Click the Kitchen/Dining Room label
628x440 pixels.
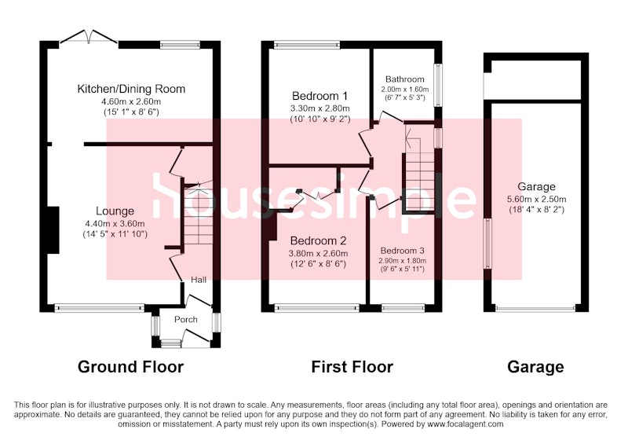[131, 89]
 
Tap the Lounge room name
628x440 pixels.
[115, 211]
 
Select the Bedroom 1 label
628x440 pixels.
[319, 96]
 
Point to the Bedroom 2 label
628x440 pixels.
[318, 241]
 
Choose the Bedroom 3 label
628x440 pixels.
[402, 251]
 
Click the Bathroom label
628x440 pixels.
[404, 79]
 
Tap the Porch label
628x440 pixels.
[186, 319]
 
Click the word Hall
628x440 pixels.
[199, 280]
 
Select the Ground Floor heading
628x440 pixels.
[130, 367]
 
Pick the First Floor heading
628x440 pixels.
[352, 367]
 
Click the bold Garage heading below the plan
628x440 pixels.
[535, 367]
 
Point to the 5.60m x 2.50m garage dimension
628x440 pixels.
[536, 199]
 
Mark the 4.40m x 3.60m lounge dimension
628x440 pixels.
[115, 224]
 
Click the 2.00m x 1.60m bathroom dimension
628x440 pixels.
[404, 90]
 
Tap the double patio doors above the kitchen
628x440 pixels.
[89, 37]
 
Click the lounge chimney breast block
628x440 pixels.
[53, 230]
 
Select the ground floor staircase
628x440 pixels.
[199, 214]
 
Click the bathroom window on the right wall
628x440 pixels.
[439, 85]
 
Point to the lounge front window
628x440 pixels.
[99, 308]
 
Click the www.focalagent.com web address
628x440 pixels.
[466, 424]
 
